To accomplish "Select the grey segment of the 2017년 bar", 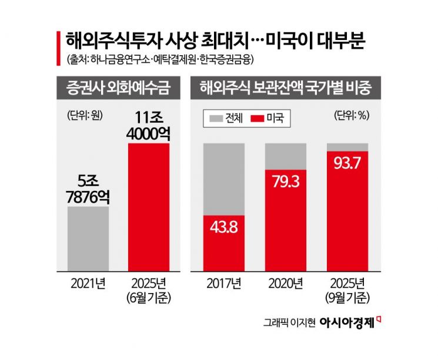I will tap(224, 179).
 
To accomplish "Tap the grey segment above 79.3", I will tap(286, 156).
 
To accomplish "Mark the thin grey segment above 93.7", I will tap(347, 146).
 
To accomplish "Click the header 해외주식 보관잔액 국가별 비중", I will tap(286, 89).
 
